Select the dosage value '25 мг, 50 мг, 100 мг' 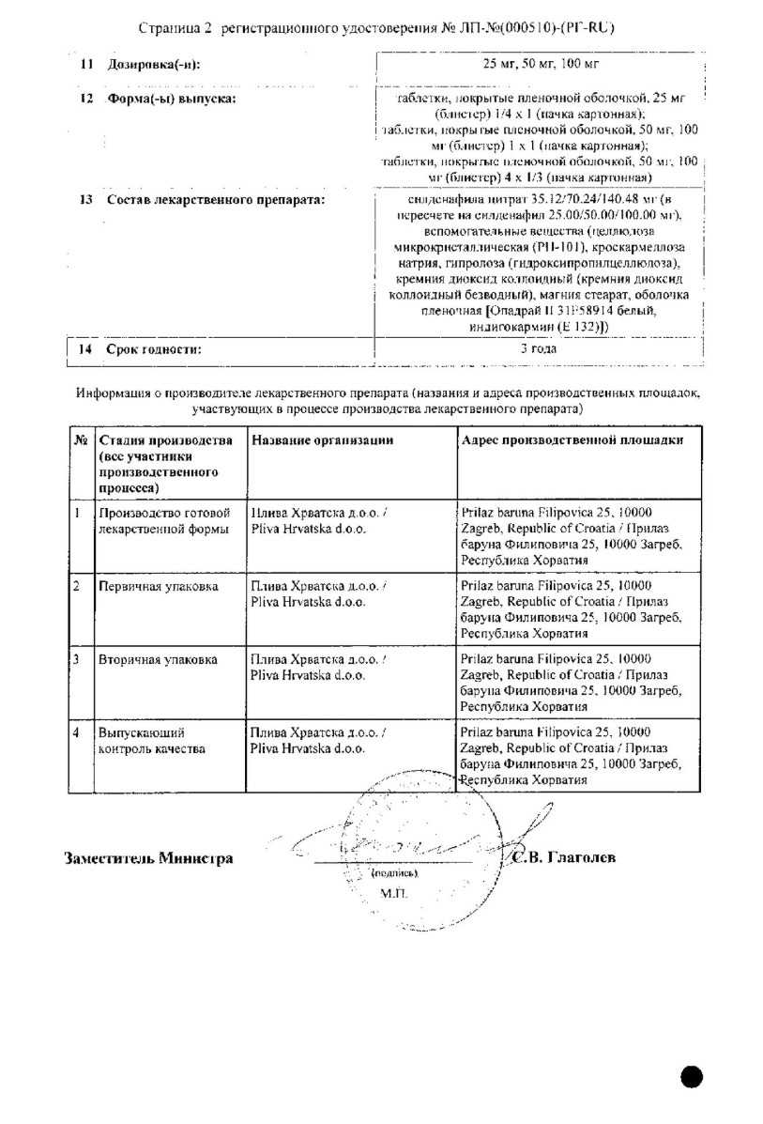click(x=539, y=64)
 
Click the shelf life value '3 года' click(x=539, y=348)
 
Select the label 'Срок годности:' click(x=155, y=349)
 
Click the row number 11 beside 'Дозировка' click(x=86, y=64)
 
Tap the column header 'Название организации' click(x=321, y=439)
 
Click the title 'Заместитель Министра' click(x=148, y=857)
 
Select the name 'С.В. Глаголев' click(x=565, y=857)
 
